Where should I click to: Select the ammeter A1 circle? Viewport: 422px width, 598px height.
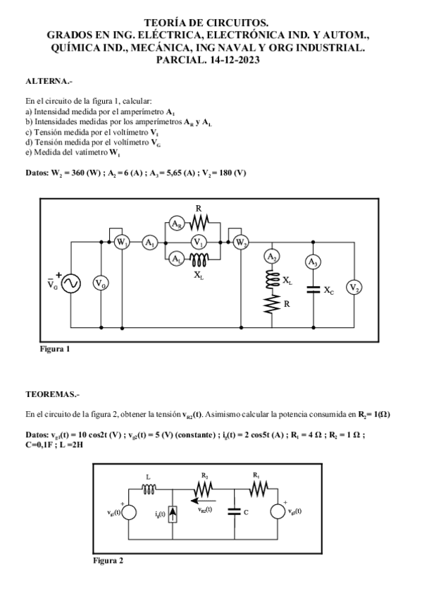pyautogui.click(x=150, y=243)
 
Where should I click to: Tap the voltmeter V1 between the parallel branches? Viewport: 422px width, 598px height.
pyautogui.click(x=199, y=243)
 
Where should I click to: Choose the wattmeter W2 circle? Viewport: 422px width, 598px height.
pyautogui.click(x=241, y=243)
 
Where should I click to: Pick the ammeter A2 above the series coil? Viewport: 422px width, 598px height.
pyautogui.click(x=272, y=257)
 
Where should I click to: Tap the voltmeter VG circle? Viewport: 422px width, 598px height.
pyautogui.click(x=101, y=283)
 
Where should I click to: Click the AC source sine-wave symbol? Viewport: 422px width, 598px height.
pyautogui.click(x=72, y=283)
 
